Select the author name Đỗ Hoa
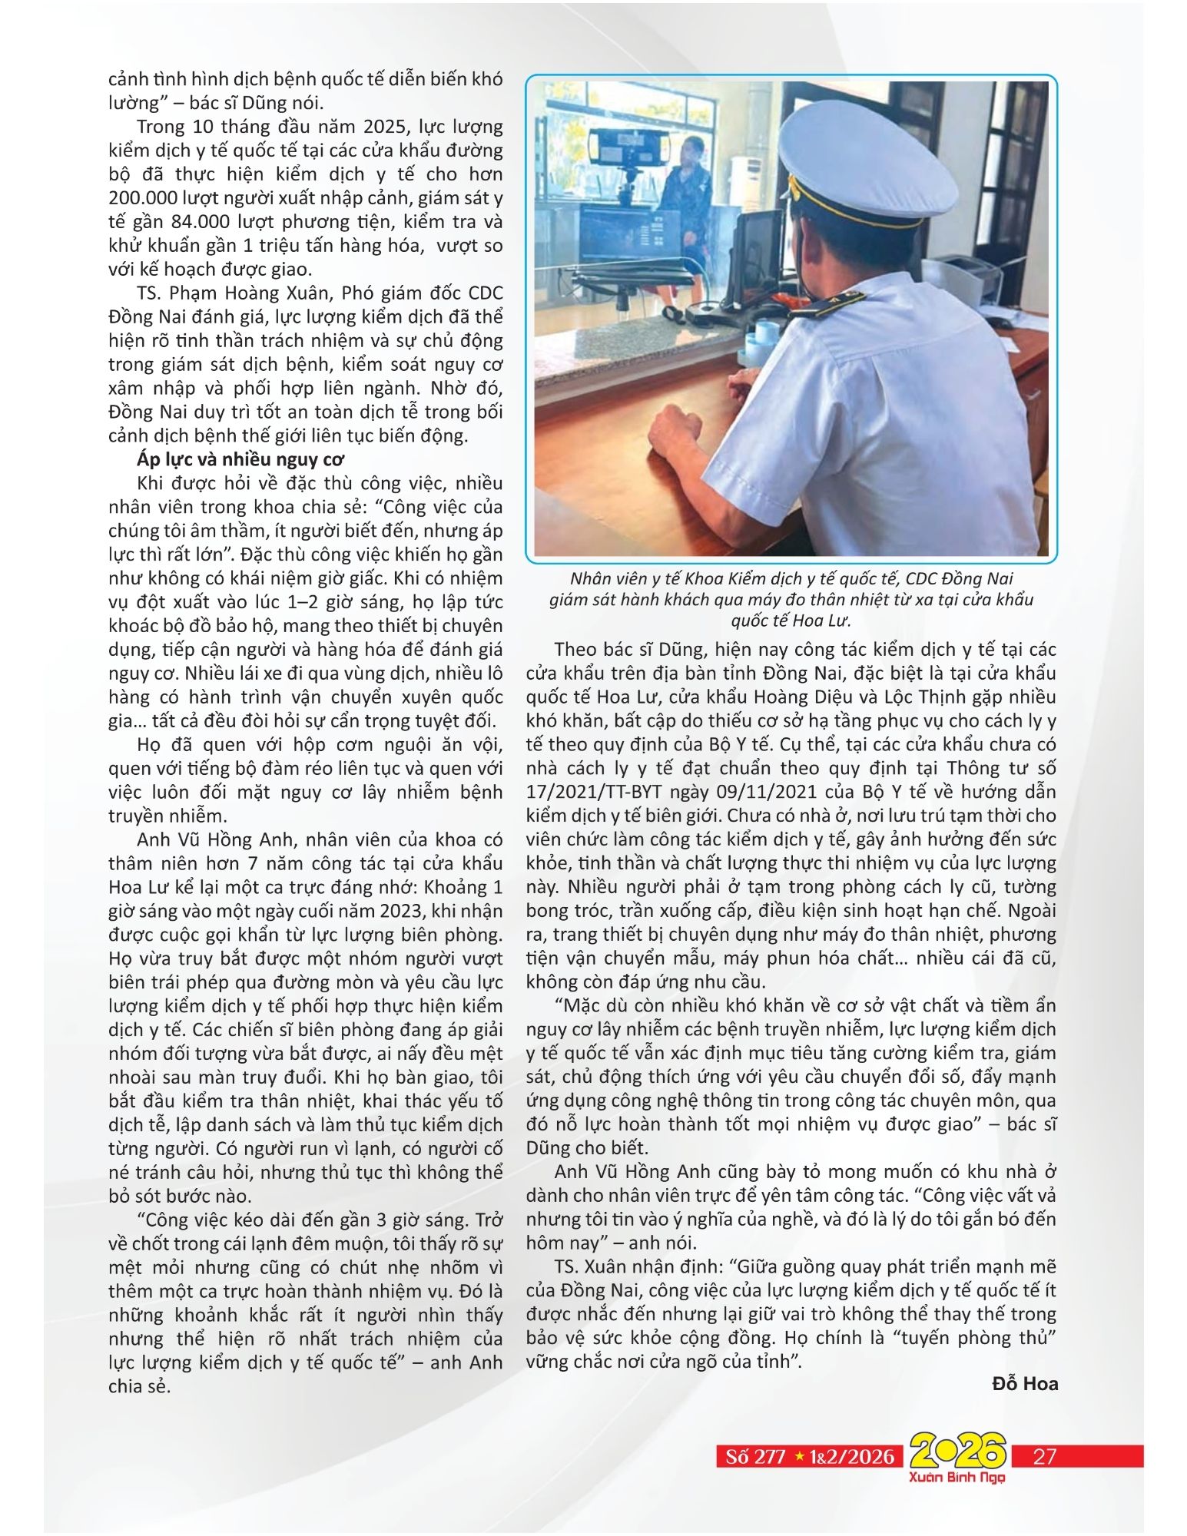click(x=1025, y=1384)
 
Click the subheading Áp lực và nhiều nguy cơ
click(x=240, y=459)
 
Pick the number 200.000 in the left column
click(x=144, y=198)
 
